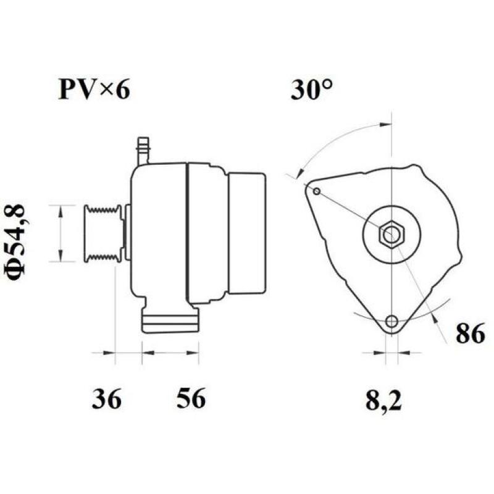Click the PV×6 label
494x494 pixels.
pos(94,90)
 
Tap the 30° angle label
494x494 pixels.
pos(312,90)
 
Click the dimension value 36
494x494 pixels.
pos(107,400)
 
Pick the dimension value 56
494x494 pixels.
pos(190,400)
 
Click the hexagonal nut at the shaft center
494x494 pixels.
pos(391,234)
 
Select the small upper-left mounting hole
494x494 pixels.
pos(316,191)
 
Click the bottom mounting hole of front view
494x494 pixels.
pos(391,321)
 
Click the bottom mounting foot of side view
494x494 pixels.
pos(170,320)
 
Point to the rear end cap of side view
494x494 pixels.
pos(247,233)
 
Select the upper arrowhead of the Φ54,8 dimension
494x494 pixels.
pos(61,210)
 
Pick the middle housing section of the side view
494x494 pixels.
pos(207,233)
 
